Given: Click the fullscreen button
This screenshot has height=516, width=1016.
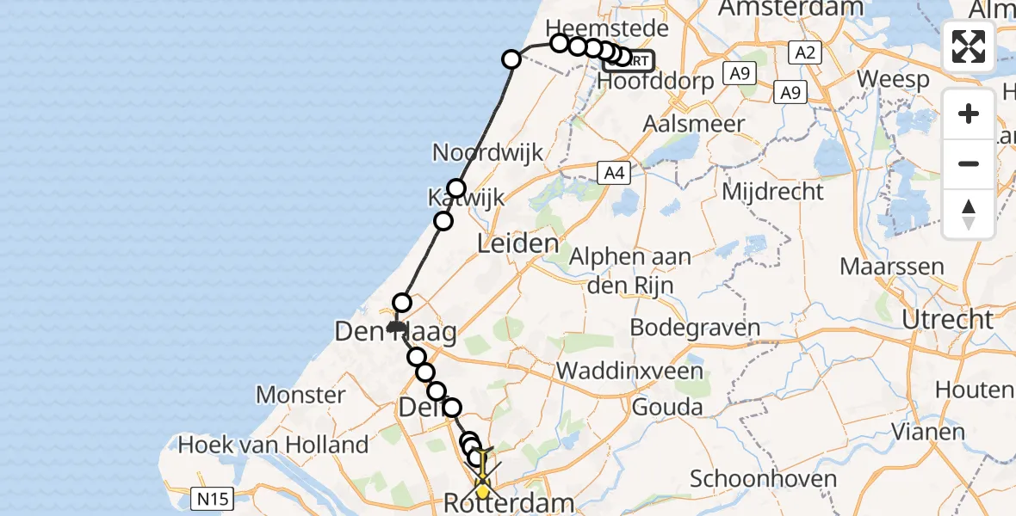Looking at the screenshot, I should click(969, 46).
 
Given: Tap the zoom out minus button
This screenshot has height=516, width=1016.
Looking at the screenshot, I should click(969, 163).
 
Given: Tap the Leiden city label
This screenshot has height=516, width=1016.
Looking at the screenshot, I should click(518, 243).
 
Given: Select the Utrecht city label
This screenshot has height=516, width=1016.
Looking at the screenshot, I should click(946, 320).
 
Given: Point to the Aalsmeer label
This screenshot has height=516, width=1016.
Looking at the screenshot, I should click(694, 124).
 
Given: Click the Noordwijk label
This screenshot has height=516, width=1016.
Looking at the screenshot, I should click(487, 153).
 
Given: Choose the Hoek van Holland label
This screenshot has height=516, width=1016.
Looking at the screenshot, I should click(273, 445).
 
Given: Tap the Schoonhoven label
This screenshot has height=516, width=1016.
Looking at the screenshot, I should click(763, 479).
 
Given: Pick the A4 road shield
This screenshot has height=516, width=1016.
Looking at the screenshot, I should click(613, 174).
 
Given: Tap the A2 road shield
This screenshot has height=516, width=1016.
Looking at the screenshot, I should click(804, 53).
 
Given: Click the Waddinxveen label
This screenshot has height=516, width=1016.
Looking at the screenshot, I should click(630, 372).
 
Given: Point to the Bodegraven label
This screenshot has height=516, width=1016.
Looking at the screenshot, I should click(695, 328).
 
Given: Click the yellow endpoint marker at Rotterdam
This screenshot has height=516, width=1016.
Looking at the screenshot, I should click(483, 492).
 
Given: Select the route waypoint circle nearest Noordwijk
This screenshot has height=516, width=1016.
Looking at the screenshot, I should click(456, 188).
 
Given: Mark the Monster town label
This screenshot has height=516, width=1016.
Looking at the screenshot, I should click(300, 396).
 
